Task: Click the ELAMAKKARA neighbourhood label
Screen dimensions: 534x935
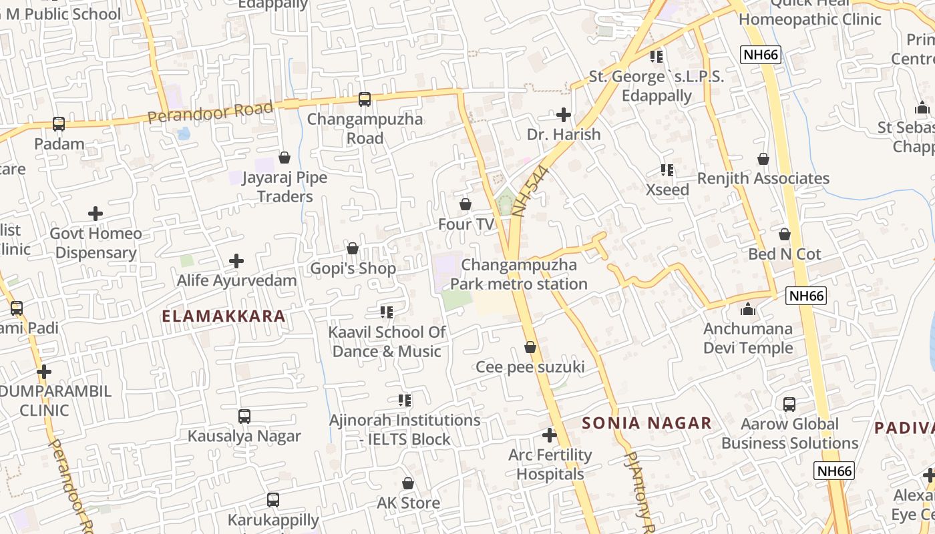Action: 224,316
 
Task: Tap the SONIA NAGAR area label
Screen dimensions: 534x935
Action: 646,423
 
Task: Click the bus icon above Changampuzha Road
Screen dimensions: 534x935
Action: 364,99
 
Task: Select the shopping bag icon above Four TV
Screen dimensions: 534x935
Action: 465,204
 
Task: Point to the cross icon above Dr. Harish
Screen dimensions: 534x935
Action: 564,115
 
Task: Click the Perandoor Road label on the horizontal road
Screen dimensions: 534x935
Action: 210,111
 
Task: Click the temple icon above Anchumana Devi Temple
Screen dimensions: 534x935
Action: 748,309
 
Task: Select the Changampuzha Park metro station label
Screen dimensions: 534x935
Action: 519,274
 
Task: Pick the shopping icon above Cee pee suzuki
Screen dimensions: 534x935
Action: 530,347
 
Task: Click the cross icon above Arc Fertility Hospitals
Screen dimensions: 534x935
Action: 549,436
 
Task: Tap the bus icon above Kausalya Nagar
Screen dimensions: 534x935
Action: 244,417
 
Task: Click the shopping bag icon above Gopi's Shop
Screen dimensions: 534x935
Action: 353,249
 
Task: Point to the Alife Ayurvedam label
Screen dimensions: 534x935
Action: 236,280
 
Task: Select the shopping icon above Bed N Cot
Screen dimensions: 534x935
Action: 785,235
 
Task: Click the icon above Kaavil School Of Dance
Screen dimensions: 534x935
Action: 386,312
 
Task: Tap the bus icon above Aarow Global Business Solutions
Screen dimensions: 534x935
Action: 789,405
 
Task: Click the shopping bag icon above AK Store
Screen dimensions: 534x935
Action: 408,483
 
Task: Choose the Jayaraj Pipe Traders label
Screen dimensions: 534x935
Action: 285,187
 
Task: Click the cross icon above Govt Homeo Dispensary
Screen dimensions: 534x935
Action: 96,214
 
